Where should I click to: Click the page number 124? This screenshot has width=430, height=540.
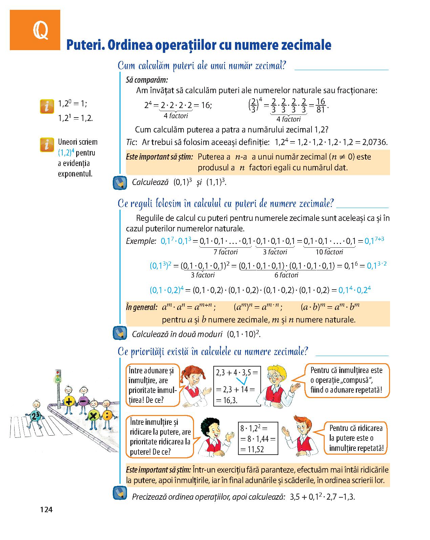tap(46, 509)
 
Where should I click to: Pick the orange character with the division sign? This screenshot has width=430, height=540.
tap(107, 415)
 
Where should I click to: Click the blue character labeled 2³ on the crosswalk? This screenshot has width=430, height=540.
tap(36, 416)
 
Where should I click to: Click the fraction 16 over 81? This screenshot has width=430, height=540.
tap(320, 106)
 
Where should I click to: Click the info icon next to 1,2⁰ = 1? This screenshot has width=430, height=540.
tap(47, 106)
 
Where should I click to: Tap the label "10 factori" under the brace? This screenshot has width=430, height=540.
tap(329, 252)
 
